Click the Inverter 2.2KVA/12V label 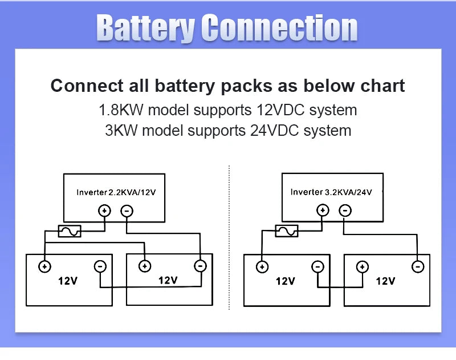(116, 193)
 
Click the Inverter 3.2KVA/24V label (331, 192)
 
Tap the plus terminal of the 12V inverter (104, 211)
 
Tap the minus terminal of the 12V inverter (127, 211)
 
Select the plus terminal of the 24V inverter (323, 211)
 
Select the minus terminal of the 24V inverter (345, 211)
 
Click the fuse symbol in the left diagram (70, 231)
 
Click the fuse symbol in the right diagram (287, 230)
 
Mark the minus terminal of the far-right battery (418, 266)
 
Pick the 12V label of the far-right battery (385, 281)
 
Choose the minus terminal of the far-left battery (100, 266)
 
